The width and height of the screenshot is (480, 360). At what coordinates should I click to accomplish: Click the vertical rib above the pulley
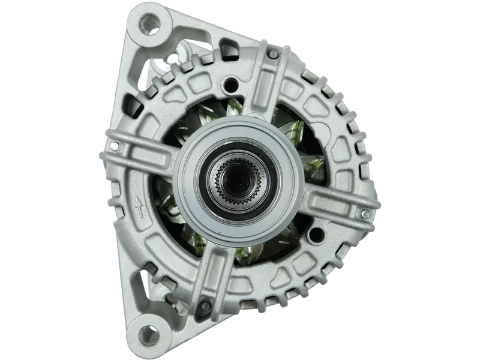tap(259, 102)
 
